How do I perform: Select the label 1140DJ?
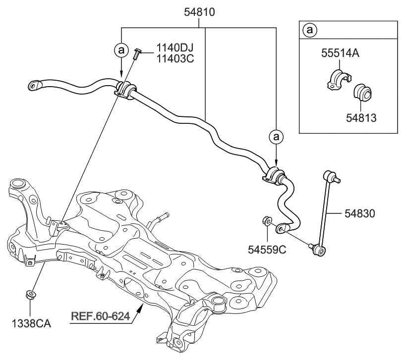pos(174,48)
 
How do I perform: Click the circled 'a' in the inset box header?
pos(310,30)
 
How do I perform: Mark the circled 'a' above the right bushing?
pos(276,136)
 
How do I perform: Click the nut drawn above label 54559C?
pos(266,220)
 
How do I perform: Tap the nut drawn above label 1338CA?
pos(30,296)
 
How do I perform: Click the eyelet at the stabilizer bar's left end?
pos(34,85)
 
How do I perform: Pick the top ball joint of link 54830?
pos(329,176)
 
